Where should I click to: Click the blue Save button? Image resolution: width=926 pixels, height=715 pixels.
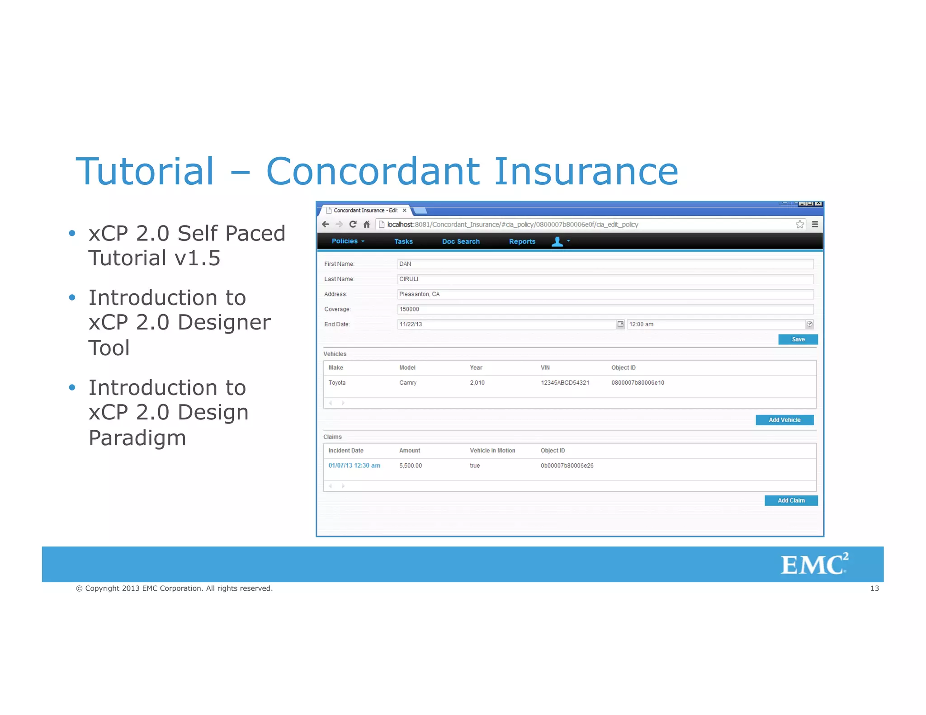pos(798,339)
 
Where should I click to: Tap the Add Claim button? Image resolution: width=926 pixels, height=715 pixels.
pos(791,500)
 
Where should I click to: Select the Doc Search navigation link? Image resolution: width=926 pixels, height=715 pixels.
pos(461,242)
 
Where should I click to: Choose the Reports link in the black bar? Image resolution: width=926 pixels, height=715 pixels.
pos(522,242)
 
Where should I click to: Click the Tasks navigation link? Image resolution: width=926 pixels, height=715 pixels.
pos(403,242)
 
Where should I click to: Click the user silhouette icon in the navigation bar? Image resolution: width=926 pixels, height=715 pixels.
pos(557,242)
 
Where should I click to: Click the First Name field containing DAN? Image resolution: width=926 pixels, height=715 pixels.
pos(605,264)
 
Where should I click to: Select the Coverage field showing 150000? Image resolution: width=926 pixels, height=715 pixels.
pos(605,309)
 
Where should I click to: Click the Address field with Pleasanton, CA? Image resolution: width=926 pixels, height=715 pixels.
pos(605,294)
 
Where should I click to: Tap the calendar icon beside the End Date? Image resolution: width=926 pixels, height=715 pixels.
pos(620,324)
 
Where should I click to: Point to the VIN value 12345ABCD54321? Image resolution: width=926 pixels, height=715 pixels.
pos(565,383)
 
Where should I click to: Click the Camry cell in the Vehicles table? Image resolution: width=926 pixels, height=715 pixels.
pos(407,383)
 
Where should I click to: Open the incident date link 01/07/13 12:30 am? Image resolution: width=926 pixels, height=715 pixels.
pos(354,466)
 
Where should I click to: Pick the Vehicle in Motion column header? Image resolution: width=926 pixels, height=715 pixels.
pos(492,451)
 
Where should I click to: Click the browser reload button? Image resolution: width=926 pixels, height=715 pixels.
pos(353,224)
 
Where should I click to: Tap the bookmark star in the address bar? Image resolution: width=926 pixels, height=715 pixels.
pos(799,224)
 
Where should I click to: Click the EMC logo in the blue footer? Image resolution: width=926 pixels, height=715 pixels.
pos(813,564)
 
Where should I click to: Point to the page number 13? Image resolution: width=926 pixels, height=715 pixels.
pos(874,588)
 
